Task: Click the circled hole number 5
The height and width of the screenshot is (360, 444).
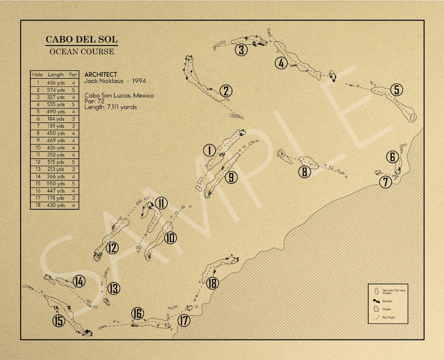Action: [x=396, y=90]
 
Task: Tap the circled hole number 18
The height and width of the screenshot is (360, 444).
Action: [x=212, y=283]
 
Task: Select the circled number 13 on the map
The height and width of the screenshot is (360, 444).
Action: [x=113, y=288]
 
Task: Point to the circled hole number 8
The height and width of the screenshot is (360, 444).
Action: [x=304, y=171]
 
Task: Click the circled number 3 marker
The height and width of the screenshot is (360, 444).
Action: [x=241, y=50]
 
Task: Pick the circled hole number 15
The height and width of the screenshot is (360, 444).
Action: [x=59, y=321]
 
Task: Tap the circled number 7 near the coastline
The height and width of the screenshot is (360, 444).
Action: [x=386, y=182]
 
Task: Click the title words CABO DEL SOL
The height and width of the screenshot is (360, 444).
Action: [x=81, y=39]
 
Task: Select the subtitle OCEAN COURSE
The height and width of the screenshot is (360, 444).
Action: [x=82, y=51]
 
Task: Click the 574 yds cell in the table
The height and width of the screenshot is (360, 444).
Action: [x=56, y=90]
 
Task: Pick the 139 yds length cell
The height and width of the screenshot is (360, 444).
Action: [x=56, y=126]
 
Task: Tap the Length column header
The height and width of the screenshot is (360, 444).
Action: [x=56, y=74]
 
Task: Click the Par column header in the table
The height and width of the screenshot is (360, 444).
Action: [x=73, y=74]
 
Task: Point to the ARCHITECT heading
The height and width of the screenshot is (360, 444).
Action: [x=100, y=74]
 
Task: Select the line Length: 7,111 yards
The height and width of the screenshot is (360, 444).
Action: [x=111, y=107]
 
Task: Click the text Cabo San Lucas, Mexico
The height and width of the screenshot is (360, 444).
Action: [x=119, y=95]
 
